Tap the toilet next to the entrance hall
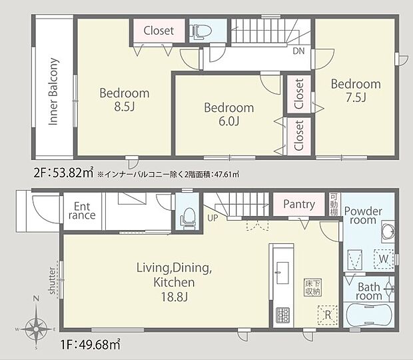pos(188,218)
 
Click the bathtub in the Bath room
pos(369,315)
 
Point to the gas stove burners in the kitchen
pos(282,315)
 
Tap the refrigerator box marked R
pos(327,315)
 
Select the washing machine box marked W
pos(383,259)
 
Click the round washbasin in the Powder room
pos(388,231)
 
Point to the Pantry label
pos(299,205)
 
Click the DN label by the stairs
pos(298,51)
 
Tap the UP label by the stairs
pos(212,218)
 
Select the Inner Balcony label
pos(53,91)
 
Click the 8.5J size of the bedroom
pos(125,107)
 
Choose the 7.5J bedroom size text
pos(356,97)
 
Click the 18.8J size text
pos(174,297)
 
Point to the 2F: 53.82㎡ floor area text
pos(64,173)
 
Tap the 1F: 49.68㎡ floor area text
pos(91,344)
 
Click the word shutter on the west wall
pos(52,281)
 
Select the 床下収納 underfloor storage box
pos(312,287)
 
